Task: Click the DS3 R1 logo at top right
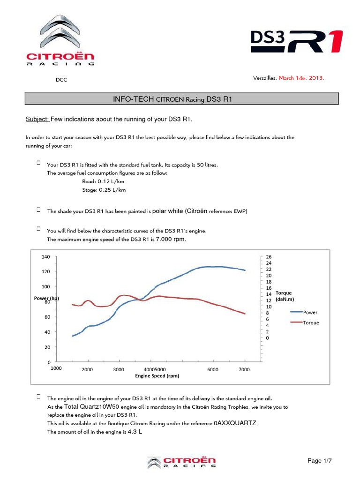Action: pos(297,41)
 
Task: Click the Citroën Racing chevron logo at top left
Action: pos(60,40)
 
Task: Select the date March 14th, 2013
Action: pos(301,78)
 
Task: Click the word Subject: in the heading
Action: pos(37,119)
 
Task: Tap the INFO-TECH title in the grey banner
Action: pos(172,99)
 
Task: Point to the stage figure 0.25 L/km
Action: pos(112,190)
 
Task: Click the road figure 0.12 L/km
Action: pos(111,181)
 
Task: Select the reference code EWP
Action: pos(240,211)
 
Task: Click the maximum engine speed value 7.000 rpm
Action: pos(171,239)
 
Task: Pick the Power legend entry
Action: pos(304,312)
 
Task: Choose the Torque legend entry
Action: pos(305,322)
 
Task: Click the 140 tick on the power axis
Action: pos(45,257)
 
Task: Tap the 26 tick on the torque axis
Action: pos(269,257)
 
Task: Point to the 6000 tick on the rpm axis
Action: pos(213,369)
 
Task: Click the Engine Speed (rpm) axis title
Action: pos(157,375)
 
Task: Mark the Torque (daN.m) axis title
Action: pos(285,296)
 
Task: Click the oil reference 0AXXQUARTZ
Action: pos(235,423)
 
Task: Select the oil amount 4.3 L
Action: pos(135,432)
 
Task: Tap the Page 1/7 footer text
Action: pos(320,460)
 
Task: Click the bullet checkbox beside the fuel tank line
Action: pos(38,163)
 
